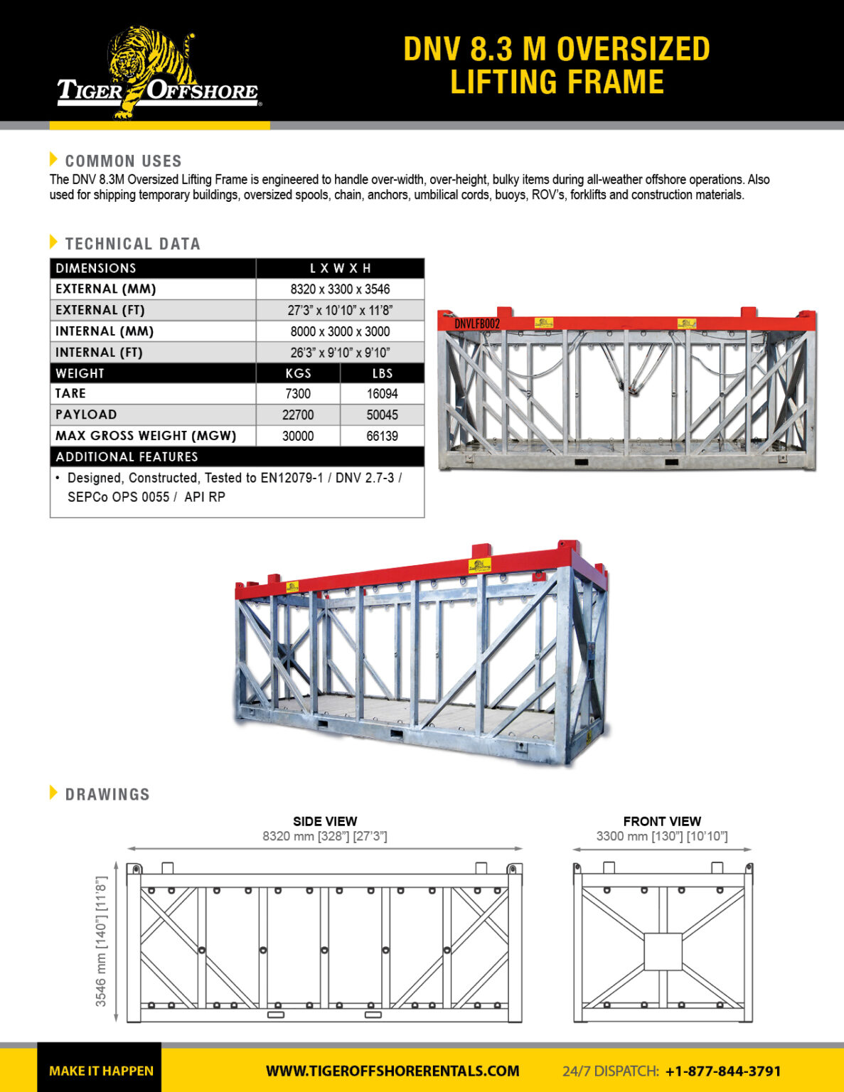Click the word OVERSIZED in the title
pyautogui.click(x=633, y=50)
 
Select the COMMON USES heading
pyautogui.click(x=123, y=161)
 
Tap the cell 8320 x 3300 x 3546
pyautogui.click(x=340, y=289)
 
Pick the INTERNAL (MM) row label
pyautogui.click(x=105, y=331)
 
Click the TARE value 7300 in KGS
pyautogui.click(x=298, y=394)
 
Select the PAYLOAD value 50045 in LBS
pyautogui.click(x=382, y=415)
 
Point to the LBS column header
pyautogui.click(x=382, y=373)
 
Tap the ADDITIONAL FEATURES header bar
pyautogui.click(x=237, y=456)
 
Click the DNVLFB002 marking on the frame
pyautogui.click(x=477, y=324)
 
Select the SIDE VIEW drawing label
pyautogui.click(x=325, y=821)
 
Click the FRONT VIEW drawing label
pyautogui.click(x=662, y=821)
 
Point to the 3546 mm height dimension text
pyautogui.click(x=101, y=941)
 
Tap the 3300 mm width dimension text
pyautogui.click(x=662, y=836)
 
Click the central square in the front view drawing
pyautogui.click(x=663, y=951)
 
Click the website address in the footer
pyautogui.click(x=392, y=1071)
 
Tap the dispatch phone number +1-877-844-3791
pyautogui.click(x=723, y=1071)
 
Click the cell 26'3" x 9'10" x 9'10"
pyautogui.click(x=340, y=353)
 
